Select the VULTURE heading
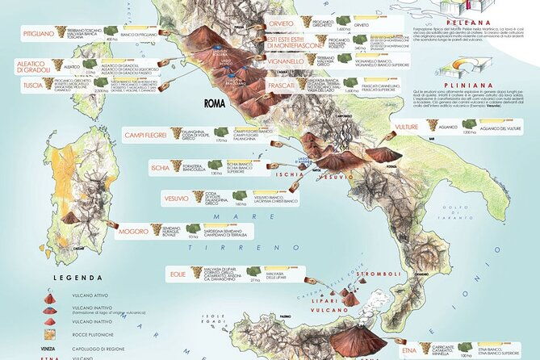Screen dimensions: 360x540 (x=408, y=127)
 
